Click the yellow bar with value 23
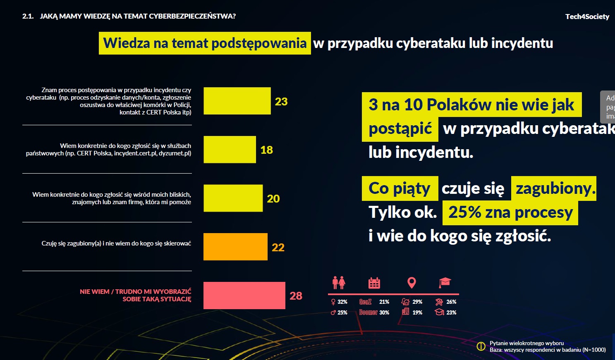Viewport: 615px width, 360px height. pos(237,101)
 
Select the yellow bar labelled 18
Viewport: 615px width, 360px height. pos(230,150)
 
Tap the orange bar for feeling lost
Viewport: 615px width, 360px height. pos(235,247)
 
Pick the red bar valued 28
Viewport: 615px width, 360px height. pos(244,296)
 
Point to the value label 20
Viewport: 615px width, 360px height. pos(273,199)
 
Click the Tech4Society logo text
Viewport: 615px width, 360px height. pos(587,17)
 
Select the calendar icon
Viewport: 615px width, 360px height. pos(374,283)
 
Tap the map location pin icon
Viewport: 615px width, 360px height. pos(411,283)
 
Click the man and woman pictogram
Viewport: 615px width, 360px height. pos(339,283)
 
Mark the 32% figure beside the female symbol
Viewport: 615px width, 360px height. pos(342,302)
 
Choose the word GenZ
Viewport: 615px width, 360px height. pos(365,302)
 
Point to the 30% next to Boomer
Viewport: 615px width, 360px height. pos(384,313)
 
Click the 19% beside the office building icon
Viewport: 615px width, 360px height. pos(417,313)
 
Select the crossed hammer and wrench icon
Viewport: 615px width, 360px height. pos(439,302)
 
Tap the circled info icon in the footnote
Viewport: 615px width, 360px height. pos(481,346)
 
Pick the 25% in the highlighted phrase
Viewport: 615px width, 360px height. pos(464,212)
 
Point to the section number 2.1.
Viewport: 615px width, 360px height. pos(28,16)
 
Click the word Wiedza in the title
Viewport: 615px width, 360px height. pos(127,43)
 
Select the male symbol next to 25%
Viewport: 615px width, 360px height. pos(333,313)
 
